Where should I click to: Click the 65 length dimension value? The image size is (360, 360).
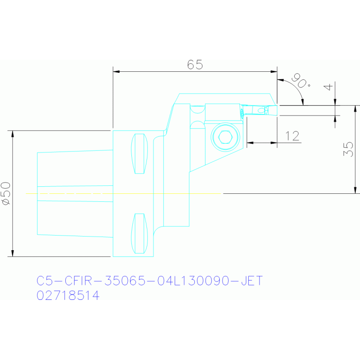tap(195, 64)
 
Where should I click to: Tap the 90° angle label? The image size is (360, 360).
tap(301, 81)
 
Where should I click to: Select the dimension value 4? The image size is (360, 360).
tap(328, 87)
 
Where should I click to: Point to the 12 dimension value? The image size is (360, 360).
tap(292, 136)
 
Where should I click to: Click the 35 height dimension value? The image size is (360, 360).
tap(348, 149)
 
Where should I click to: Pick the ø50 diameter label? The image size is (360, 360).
tap(6, 193)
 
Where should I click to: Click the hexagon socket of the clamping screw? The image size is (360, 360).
tap(225, 137)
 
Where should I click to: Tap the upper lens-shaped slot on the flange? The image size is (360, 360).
tap(139, 153)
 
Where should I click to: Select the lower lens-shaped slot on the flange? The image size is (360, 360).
tap(139, 233)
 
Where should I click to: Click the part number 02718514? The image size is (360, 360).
tap(68, 295)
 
